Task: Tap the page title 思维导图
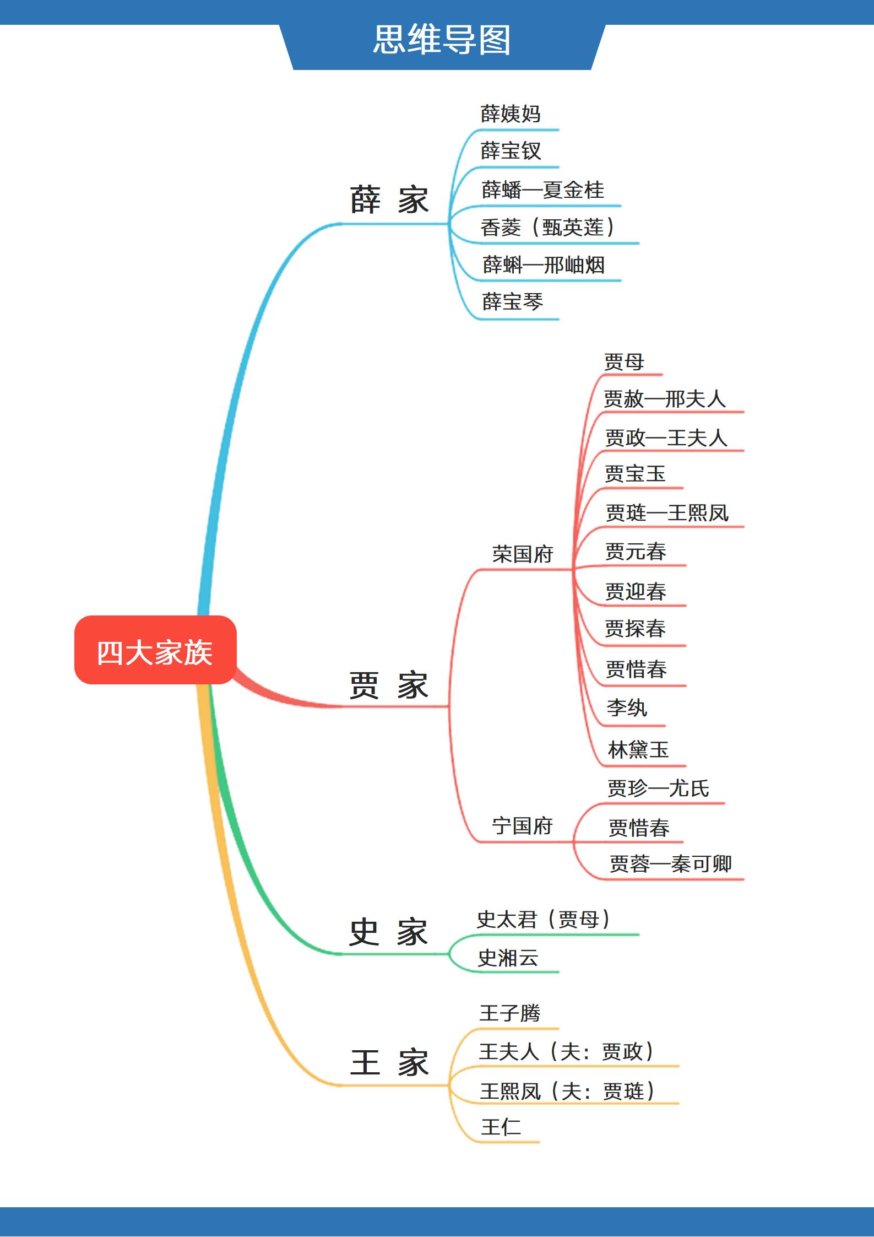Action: [x=442, y=40]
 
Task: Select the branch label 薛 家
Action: [x=389, y=199]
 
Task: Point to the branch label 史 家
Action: [x=389, y=932]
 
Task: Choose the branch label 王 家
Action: [x=389, y=1063]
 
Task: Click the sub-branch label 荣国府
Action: [x=522, y=554]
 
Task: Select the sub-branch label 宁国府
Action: [x=522, y=826]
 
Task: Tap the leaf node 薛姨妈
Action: [x=511, y=114]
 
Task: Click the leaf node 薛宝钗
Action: [x=511, y=151]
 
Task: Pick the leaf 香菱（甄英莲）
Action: [x=547, y=227]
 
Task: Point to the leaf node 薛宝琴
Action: [x=512, y=302]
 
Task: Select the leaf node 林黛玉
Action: [x=638, y=750]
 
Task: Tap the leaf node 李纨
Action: [x=627, y=708]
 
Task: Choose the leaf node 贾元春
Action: [x=636, y=552]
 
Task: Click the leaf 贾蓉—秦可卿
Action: [x=670, y=864]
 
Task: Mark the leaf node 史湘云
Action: [x=508, y=958]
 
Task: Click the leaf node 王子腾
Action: [x=510, y=1013]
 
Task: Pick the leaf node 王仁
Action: [x=501, y=1127]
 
